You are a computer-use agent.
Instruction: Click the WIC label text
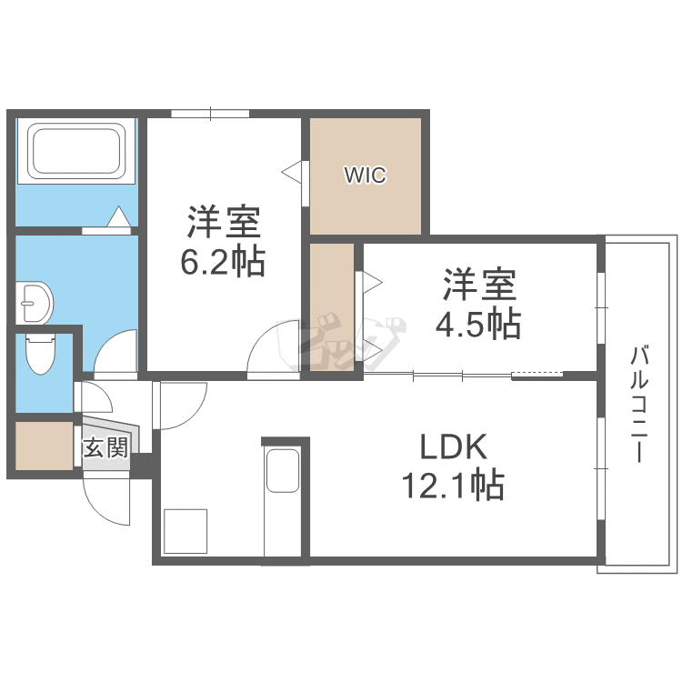[365, 176]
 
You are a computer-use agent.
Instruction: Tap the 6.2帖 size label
[223, 262]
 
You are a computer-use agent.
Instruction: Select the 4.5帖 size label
[479, 324]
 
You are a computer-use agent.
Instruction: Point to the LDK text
[454, 447]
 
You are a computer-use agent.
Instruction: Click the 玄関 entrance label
[105, 448]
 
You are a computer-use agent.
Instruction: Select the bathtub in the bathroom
[76, 151]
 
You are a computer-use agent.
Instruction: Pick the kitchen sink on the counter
[283, 470]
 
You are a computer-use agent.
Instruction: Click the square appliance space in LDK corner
[186, 531]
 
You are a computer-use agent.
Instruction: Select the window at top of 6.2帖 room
[210, 114]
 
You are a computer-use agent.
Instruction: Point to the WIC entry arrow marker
[291, 170]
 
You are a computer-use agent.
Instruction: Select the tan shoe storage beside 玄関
[44, 445]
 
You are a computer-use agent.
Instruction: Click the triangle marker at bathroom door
[118, 218]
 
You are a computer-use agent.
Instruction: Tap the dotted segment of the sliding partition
[537, 375]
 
